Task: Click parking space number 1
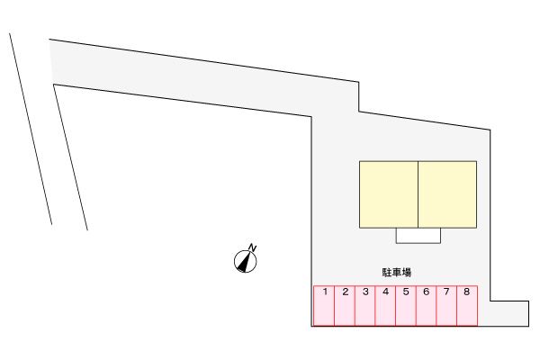[324, 306]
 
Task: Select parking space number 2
[345, 306]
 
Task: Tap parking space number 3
[365, 306]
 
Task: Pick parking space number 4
[385, 306]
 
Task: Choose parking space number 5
[406, 306]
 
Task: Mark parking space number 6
[426, 306]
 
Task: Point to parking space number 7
[446, 306]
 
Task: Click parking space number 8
[467, 306]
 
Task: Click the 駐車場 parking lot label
[397, 273]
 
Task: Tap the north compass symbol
[245, 262]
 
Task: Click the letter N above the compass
[253, 247]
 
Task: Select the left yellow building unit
[389, 194]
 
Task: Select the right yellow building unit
[447, 194]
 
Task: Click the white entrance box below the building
[418, 235]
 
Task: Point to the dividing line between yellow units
[418, 194]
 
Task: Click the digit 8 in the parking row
[466, 292]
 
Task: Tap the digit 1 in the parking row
[325, 292]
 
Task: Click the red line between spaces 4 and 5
[396, 306]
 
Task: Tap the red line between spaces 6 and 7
[436, 306]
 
